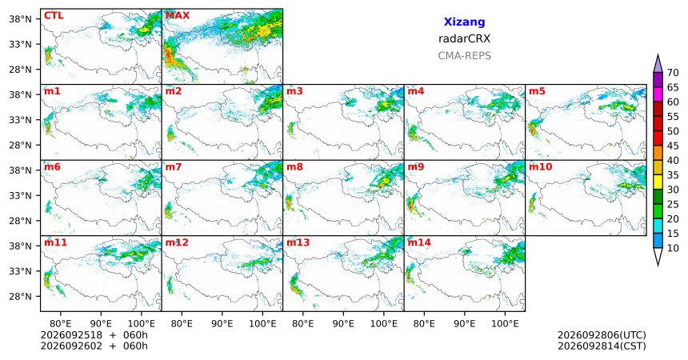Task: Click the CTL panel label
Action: pyautogui.click(x=54, y=16)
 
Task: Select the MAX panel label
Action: pyautogui.click(x=178, y=16)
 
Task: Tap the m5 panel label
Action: pyautogui.click(x=537, y=91)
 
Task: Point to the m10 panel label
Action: pyautogui.click(x=541, y=167)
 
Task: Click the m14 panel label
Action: pyautogui.click(x=419, y=242)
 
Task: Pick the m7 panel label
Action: pyautogui.click(x=174, y=167)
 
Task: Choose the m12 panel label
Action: pyautogui.click(x=176, y=242)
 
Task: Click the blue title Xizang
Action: pyautogui.click(x=464, y=22)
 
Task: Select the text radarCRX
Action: pyautogui.click(x=464, y=38)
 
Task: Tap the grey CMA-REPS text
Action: pyautogui.click(x=464, y=56)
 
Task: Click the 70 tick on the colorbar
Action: pyautogui.click(x=673, y=73)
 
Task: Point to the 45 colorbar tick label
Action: pyautogui.click(x=673, y=146)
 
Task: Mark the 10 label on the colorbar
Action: pyautogui.click(x=673, y=248)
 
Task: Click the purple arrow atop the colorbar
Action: pyautogui.click(x=658, y=63)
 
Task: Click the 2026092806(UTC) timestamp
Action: pyautogui.click(x=602, y=335)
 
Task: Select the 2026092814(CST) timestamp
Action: pyautogui.click(x=602, y=346)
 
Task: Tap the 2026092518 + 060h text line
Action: pyautogui.click(x=94, y=335)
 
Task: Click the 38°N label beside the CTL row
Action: pyautogui.click(x=21, y=19)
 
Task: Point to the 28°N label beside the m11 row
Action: pyautogui.click(x=21, y=296)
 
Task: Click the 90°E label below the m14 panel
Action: pyautogui.click(x=465, y=324)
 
